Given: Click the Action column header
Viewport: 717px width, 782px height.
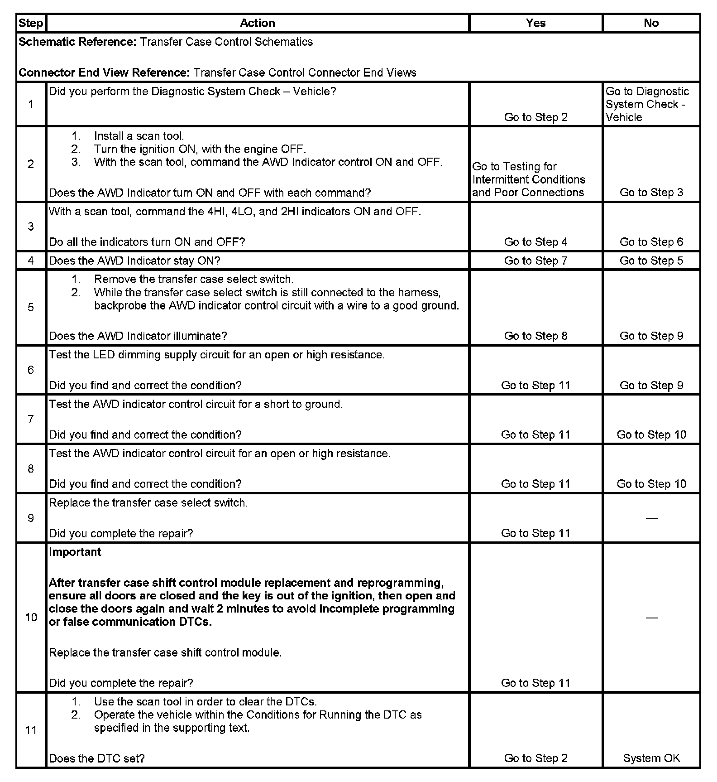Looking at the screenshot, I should [257, 23].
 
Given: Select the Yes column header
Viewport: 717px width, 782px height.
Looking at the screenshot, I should [535, 23].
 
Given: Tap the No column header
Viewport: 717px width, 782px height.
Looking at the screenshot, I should [651, 23].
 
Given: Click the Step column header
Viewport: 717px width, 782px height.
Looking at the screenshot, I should [31, 23].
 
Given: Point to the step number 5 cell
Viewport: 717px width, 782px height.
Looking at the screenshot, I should [31, 308].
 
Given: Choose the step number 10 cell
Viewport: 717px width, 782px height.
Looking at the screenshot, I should [31, 617].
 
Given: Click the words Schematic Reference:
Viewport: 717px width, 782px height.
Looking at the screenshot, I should [77, 42].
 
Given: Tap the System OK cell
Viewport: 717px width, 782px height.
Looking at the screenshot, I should [651, 758].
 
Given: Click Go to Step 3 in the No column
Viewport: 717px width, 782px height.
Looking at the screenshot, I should [651, 193].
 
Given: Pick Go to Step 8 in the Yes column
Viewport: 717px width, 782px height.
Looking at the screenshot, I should [535, 336].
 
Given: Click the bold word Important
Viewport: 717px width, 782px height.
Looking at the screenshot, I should [75, 552].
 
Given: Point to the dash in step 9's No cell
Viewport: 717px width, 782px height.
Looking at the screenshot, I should [651, 518].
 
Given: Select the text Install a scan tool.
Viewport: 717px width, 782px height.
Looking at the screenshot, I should [139, 136].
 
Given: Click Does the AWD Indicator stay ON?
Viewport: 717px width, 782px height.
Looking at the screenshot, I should [134, 261].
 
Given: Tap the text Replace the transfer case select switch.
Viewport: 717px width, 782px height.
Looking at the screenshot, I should [148, 503].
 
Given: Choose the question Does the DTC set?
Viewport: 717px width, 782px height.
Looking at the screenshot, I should [96, 758].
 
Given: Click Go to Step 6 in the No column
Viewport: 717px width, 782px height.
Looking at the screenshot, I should [651, 242].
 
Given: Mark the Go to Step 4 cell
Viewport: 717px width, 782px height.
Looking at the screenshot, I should [535, 242].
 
